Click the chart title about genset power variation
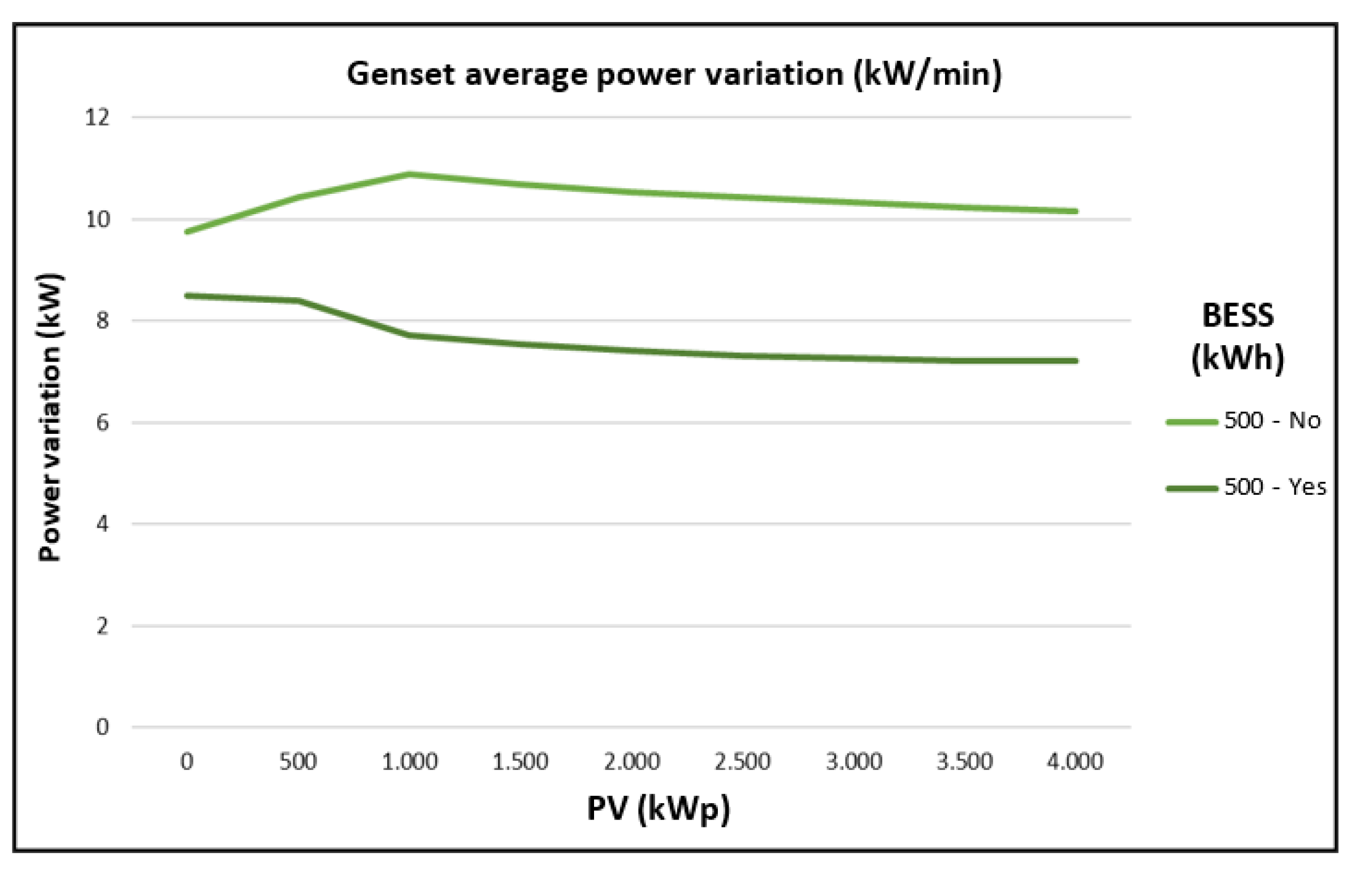point(674,75)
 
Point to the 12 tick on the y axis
point(97,117)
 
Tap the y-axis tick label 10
point(97,220)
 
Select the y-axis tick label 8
point(102,321)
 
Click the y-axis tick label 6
point(102,423)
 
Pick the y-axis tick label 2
point(102,626)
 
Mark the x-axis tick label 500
point(298,762)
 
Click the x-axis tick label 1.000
point(409,762)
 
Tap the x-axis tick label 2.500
point(742,762)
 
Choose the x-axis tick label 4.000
point(1074,762)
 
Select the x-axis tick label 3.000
point(853,762)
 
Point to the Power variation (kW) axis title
point(50,417)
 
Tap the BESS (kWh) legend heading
point(1237,337)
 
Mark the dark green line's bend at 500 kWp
point(298,301)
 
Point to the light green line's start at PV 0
point(187,232)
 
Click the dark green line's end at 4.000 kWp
point(1074,361)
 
